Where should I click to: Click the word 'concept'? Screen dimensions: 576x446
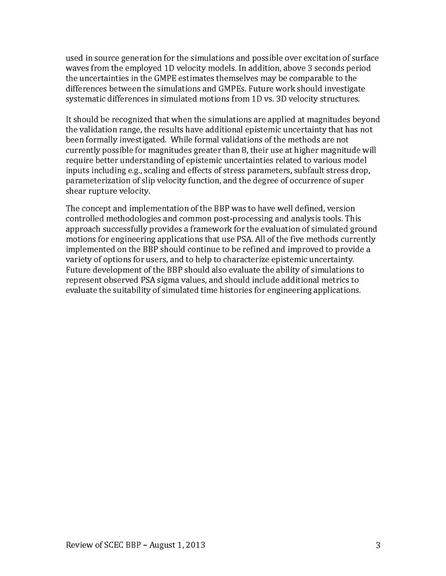coord(96,208)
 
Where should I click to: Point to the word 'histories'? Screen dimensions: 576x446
coord(221,290)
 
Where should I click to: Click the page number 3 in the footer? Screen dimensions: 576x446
coord(378,545)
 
